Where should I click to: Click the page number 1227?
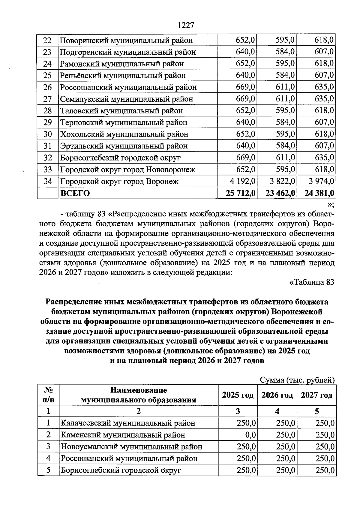point(186,25)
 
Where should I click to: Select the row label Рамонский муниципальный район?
point(122,64)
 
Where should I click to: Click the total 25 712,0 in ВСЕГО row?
point(240,193)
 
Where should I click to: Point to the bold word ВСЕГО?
point(75,193)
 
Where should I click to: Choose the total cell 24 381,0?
point(319,193)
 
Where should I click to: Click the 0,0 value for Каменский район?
point(251,435)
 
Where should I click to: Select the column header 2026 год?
point(277,395)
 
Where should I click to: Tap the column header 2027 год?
point(316,395)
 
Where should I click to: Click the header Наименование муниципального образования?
point(138,395)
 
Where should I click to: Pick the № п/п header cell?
point(48,395)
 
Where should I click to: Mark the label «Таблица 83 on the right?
point(311,282)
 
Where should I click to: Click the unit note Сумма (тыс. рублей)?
point(297,380)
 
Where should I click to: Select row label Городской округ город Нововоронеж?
point(128,170)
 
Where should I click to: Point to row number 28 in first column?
point(48,111)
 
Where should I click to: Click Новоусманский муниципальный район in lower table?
point(131,446)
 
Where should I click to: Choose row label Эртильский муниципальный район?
point(124,146)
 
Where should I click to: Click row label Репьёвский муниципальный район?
point(123,75)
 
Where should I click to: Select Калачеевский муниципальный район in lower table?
point(128,423)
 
